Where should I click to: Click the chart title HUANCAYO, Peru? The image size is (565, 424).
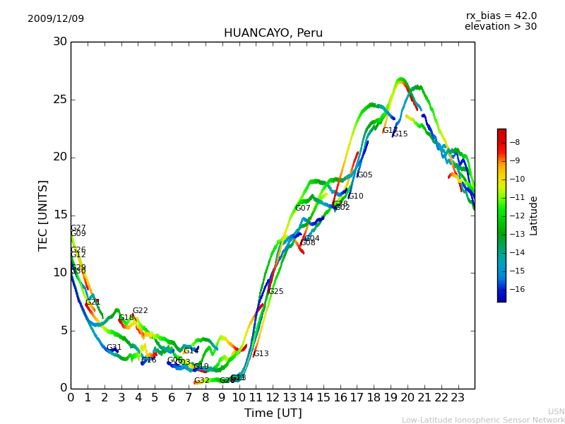[273, 33]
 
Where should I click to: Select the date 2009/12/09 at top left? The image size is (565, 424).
[56, 19]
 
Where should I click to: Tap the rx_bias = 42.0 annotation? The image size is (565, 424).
[501, 16]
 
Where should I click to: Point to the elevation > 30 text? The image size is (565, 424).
[500, 27]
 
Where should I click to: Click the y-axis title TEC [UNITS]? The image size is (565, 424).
[43, 215]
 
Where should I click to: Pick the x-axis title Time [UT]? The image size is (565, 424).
[272, 413]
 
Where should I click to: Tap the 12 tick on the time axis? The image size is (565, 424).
[273, 397]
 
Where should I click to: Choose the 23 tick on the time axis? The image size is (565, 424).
[458, 397]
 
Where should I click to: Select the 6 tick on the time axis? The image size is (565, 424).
[172, 397]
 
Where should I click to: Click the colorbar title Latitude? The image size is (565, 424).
[534, 216]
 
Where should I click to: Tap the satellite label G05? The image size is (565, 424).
[364, 175]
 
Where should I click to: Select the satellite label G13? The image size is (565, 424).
[261, 354]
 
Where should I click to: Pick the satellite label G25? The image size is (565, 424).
[275, 292]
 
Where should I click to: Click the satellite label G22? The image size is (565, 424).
[140, 311]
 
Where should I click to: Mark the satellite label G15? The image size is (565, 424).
[400, 134]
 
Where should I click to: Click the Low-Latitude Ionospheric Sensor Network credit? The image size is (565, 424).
[483, 420]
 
